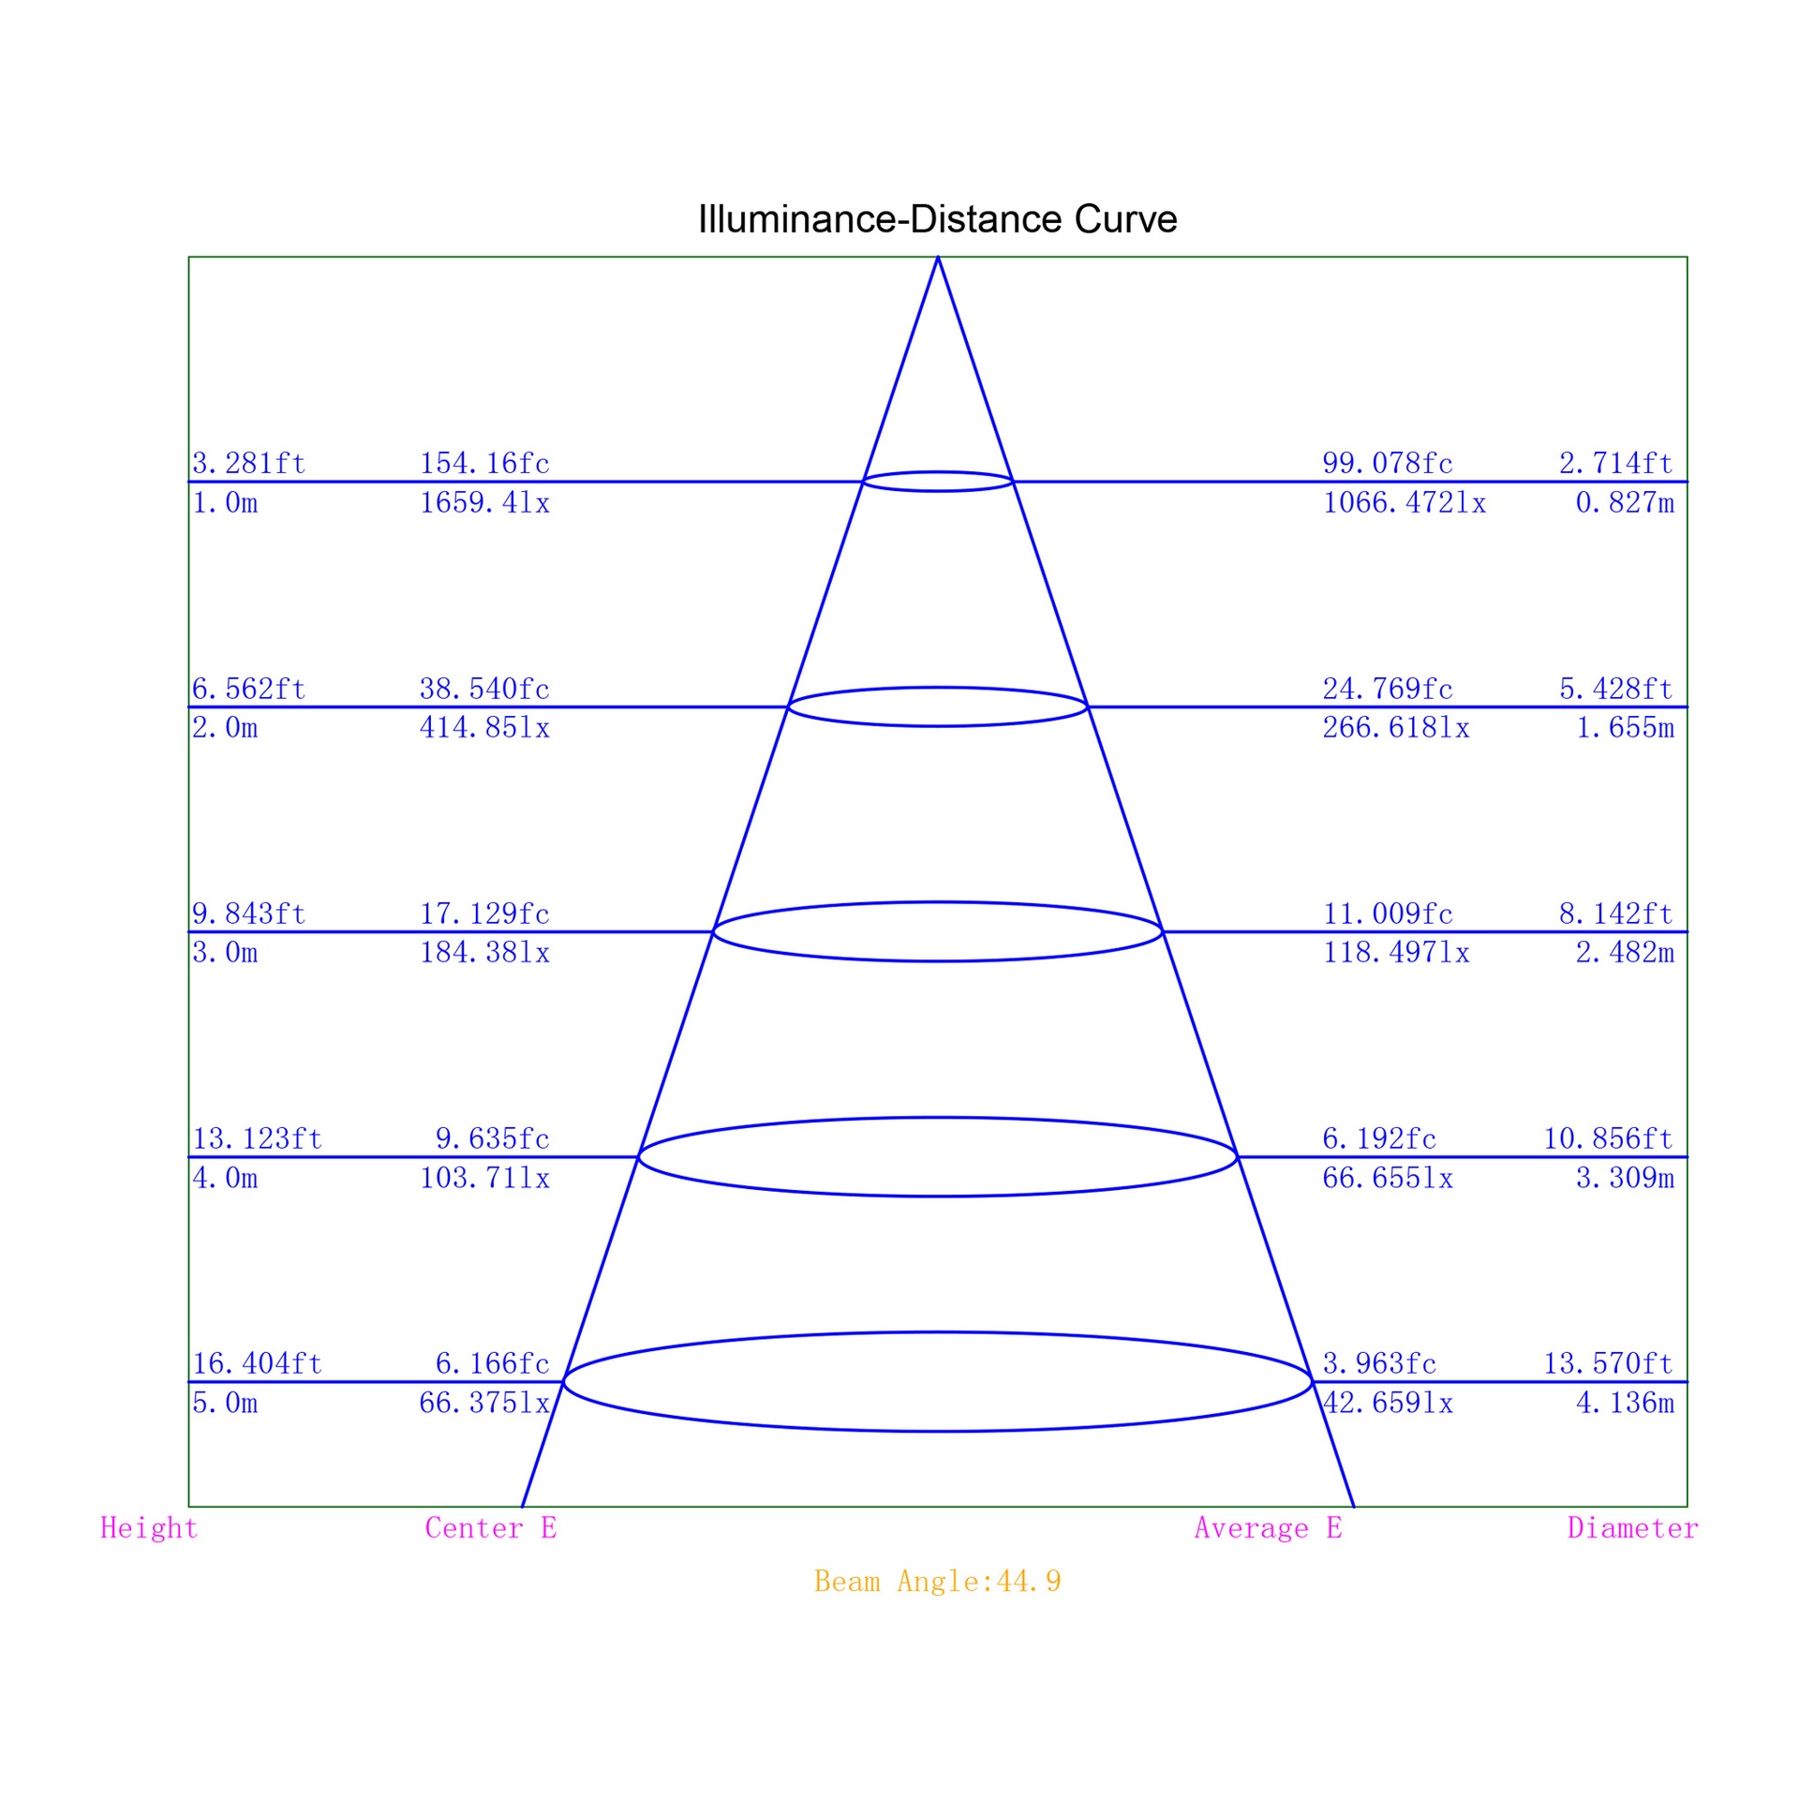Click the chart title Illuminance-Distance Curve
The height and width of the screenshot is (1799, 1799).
click(x=937, y=219)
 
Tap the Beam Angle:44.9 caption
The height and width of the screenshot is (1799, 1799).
click(x=937, y=1582)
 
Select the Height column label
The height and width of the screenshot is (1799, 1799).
click(x=149, y=1528)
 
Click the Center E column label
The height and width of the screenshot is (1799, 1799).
click(x=491, y=1528)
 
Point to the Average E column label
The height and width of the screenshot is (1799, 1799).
click(x=1269, y=1528)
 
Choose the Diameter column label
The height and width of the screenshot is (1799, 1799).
click(x=1633, y=1528)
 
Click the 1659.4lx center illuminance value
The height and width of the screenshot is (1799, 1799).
click(x=484, y=503)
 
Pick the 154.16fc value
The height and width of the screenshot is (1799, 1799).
click(x=484, y=463)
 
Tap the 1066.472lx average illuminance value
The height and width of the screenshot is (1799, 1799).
click(x=1405, y=503)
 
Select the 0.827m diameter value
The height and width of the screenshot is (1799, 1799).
click(x=1625, y=503)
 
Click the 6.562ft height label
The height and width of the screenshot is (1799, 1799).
click(x=249, y=689)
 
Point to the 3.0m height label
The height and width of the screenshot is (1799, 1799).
click(x=225, y=953)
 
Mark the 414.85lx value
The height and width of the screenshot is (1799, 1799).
click(x=484, y=727)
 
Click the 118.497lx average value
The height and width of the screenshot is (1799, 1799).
click(x=1396, y=953)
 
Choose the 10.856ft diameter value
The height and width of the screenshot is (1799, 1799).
click(x=1609, y=1138)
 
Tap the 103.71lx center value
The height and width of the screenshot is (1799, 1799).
click(x=484, y=1178)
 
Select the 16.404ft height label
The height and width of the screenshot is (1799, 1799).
click(x=258, y=1363)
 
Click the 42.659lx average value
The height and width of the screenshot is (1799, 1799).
click(x=1388, y=1403)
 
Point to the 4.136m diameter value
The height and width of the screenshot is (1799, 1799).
click(x=1625, y=1403)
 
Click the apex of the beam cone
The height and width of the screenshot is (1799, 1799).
click(x=938, y=258)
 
